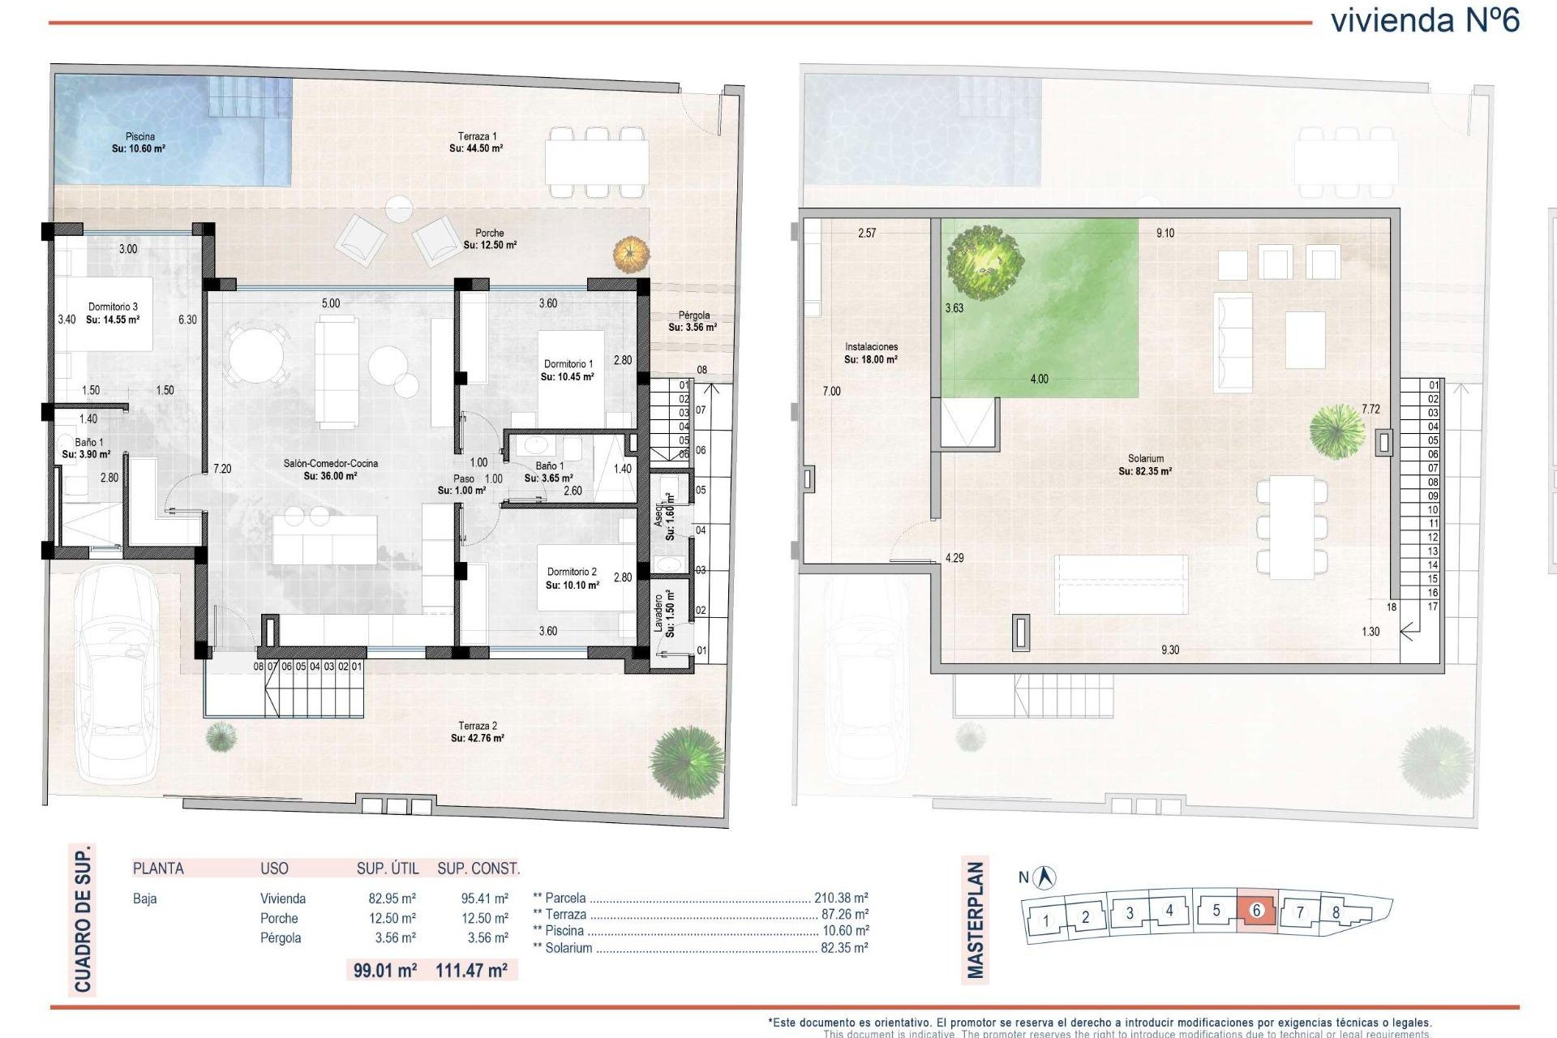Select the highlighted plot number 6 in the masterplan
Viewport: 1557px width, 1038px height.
click(1257, 910)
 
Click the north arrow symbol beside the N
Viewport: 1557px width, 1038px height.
click(1047, 877)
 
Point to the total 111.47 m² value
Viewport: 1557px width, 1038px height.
click(471, 970)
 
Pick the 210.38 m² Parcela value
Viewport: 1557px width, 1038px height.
click(841, 898)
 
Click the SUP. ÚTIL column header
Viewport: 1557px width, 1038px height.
click(388, 869)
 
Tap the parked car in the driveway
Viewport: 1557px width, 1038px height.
click(116, 673)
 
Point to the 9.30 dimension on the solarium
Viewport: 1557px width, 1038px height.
click(1169, 650)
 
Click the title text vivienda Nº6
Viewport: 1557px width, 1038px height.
click(1425, 20)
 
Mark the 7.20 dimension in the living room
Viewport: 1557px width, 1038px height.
click(222, 469)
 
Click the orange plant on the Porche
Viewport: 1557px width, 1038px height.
click(631, 254)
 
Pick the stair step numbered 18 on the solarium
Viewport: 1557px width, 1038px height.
click(1392, 607)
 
